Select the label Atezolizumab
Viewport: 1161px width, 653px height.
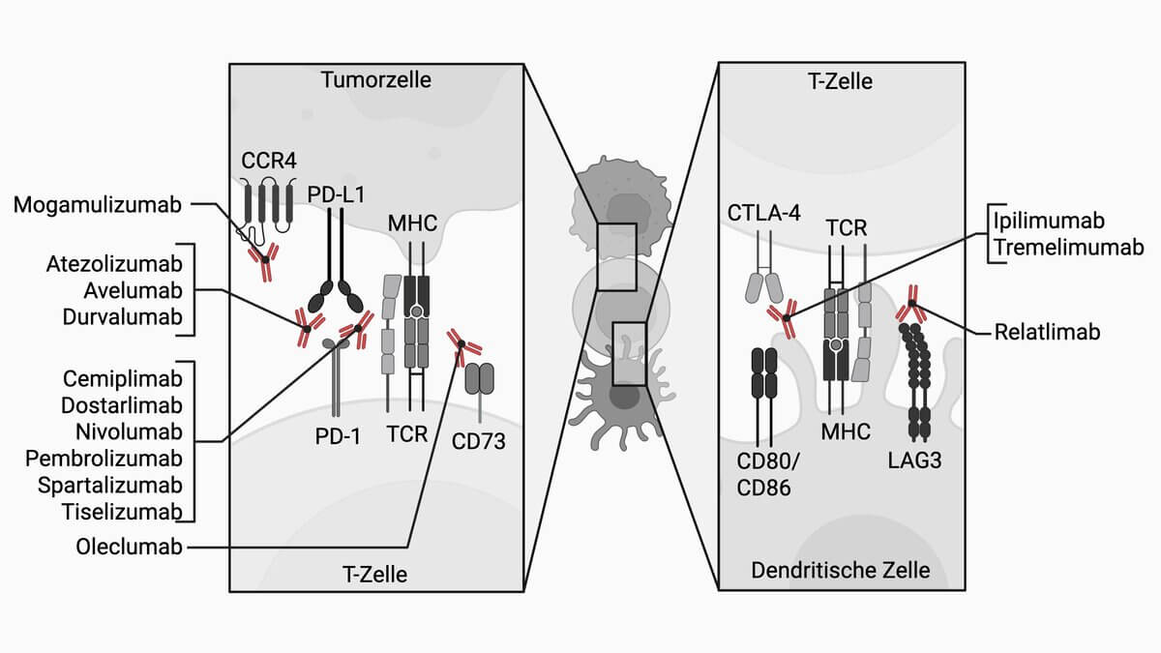point(115,264)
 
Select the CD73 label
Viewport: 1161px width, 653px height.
point(479,441)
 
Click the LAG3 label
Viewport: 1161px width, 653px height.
point(913,460)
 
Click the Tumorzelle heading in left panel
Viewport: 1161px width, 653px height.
point(376,79)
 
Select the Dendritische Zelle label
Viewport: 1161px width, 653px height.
point(840,570)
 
